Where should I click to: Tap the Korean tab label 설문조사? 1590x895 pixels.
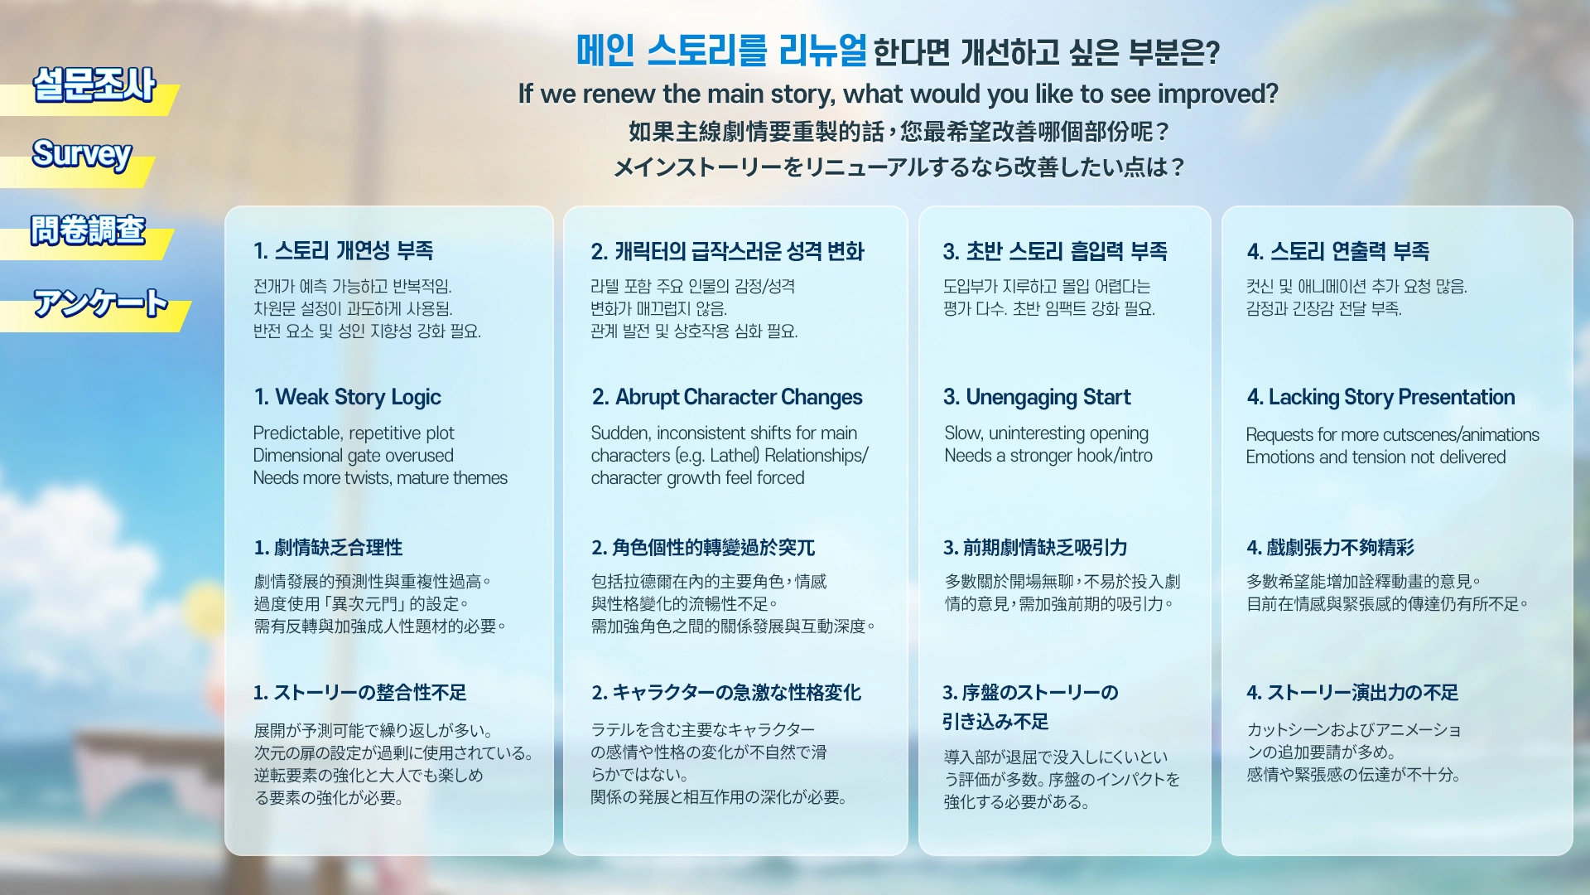94,85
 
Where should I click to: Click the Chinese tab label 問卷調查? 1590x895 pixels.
88,230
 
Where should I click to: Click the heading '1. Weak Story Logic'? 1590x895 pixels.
348,397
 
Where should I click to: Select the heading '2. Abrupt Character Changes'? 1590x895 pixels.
727,397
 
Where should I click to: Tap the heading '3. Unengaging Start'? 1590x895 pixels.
1037,397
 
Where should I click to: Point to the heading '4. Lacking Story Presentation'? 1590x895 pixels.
1381,397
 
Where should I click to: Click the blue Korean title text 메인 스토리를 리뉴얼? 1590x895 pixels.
721,51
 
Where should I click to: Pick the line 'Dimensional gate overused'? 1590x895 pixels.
354,455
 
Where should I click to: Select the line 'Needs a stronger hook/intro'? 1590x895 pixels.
1048,455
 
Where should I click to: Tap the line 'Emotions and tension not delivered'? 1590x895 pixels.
1376,457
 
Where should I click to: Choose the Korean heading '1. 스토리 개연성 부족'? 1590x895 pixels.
344,250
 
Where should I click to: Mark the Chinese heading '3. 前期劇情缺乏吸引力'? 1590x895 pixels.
1035,547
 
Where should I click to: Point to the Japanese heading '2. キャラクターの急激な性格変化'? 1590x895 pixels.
726,692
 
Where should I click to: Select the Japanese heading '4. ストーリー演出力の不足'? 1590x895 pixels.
1353,692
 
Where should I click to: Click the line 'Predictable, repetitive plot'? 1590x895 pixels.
354,433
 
